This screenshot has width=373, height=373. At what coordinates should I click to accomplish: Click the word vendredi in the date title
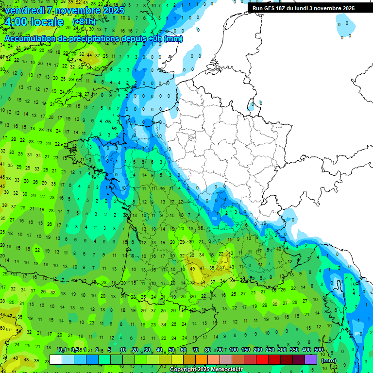pyautogui.click(x=22, y=10)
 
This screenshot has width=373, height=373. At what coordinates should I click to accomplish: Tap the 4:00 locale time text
pyautogui.click(x=34, y=22)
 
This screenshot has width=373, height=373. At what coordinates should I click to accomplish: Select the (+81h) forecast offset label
pyautogui.click(x=84, y=22)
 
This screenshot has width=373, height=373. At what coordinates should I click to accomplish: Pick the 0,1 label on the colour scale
pyautogui.click(x=62, y=350)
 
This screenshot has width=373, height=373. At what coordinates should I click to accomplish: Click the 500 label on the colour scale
pyautogui.click(x=319, y=350)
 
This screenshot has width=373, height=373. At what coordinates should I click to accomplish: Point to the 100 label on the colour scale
pyautogui.click(x=233, y=350)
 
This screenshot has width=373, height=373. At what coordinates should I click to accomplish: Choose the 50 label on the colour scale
pyautogui.click(x=171, y=350)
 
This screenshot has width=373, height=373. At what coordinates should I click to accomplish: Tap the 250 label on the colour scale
pyautogui.click(x=270, y=350)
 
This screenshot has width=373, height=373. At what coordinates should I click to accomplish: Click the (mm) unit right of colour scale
pyautogui.click(x=329, y=360)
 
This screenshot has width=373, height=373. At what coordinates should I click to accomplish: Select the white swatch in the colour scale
pyautogui.click(x=56, y=360)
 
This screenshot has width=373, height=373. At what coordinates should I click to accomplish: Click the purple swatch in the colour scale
pyautogui.click(x=311, y=360)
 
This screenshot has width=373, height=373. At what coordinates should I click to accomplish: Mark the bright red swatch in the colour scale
pyautogui.click(x=262, y=360)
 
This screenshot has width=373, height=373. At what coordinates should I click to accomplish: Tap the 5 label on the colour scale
pyautogui.click(x=110, y=350)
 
